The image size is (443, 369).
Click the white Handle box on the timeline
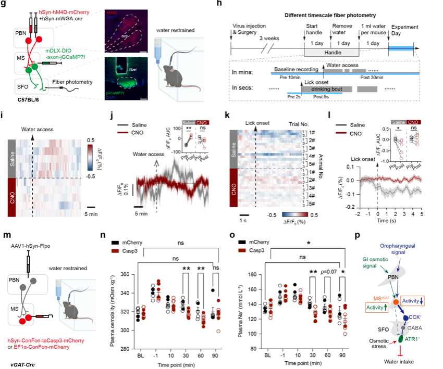(x=331, y=52)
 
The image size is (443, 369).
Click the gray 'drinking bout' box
(x=327, y=90)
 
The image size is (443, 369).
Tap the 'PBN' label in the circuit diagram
(x=392, y=279)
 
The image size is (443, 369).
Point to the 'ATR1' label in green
(x=413, y=339)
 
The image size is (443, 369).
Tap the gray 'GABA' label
(x=415, y=328)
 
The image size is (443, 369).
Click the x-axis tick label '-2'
(x=358, y=214)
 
